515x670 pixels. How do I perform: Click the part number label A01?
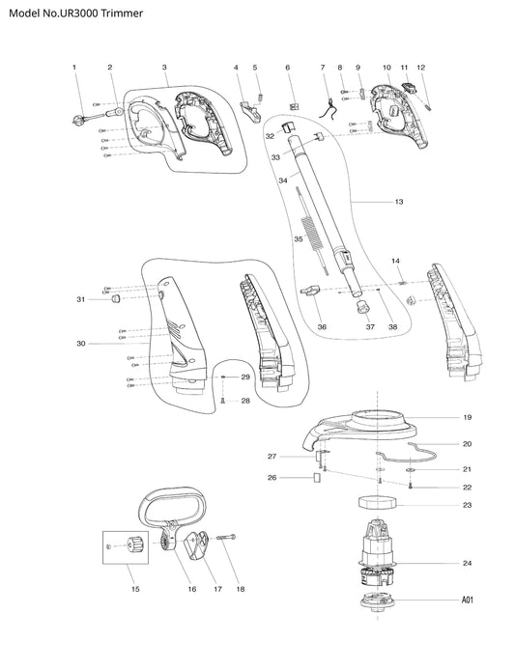click(x=468, y=600)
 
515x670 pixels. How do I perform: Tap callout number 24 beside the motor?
click(x=467, y=563)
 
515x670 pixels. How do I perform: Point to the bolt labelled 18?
click(x=226, y=538)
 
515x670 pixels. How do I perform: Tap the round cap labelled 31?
click(x=115, y=298)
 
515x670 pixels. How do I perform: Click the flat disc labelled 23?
click(x=378, y=502)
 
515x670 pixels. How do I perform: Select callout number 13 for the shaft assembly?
click(x=399, y=202)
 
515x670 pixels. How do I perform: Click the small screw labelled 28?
click(x=222, y=401)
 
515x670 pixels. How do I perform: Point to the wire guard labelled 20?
click(x=407, y=453)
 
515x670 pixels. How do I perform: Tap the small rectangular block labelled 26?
click(x=317, y=477)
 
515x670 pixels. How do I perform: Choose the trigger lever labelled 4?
click(x=250, y=112)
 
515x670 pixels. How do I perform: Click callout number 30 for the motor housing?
click(x=81, y=344)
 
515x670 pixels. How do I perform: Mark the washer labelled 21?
click(x=411, y=470)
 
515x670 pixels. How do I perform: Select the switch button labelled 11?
click(x=410, y=88)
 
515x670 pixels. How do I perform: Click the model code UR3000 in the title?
click(x=81, y=14)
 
